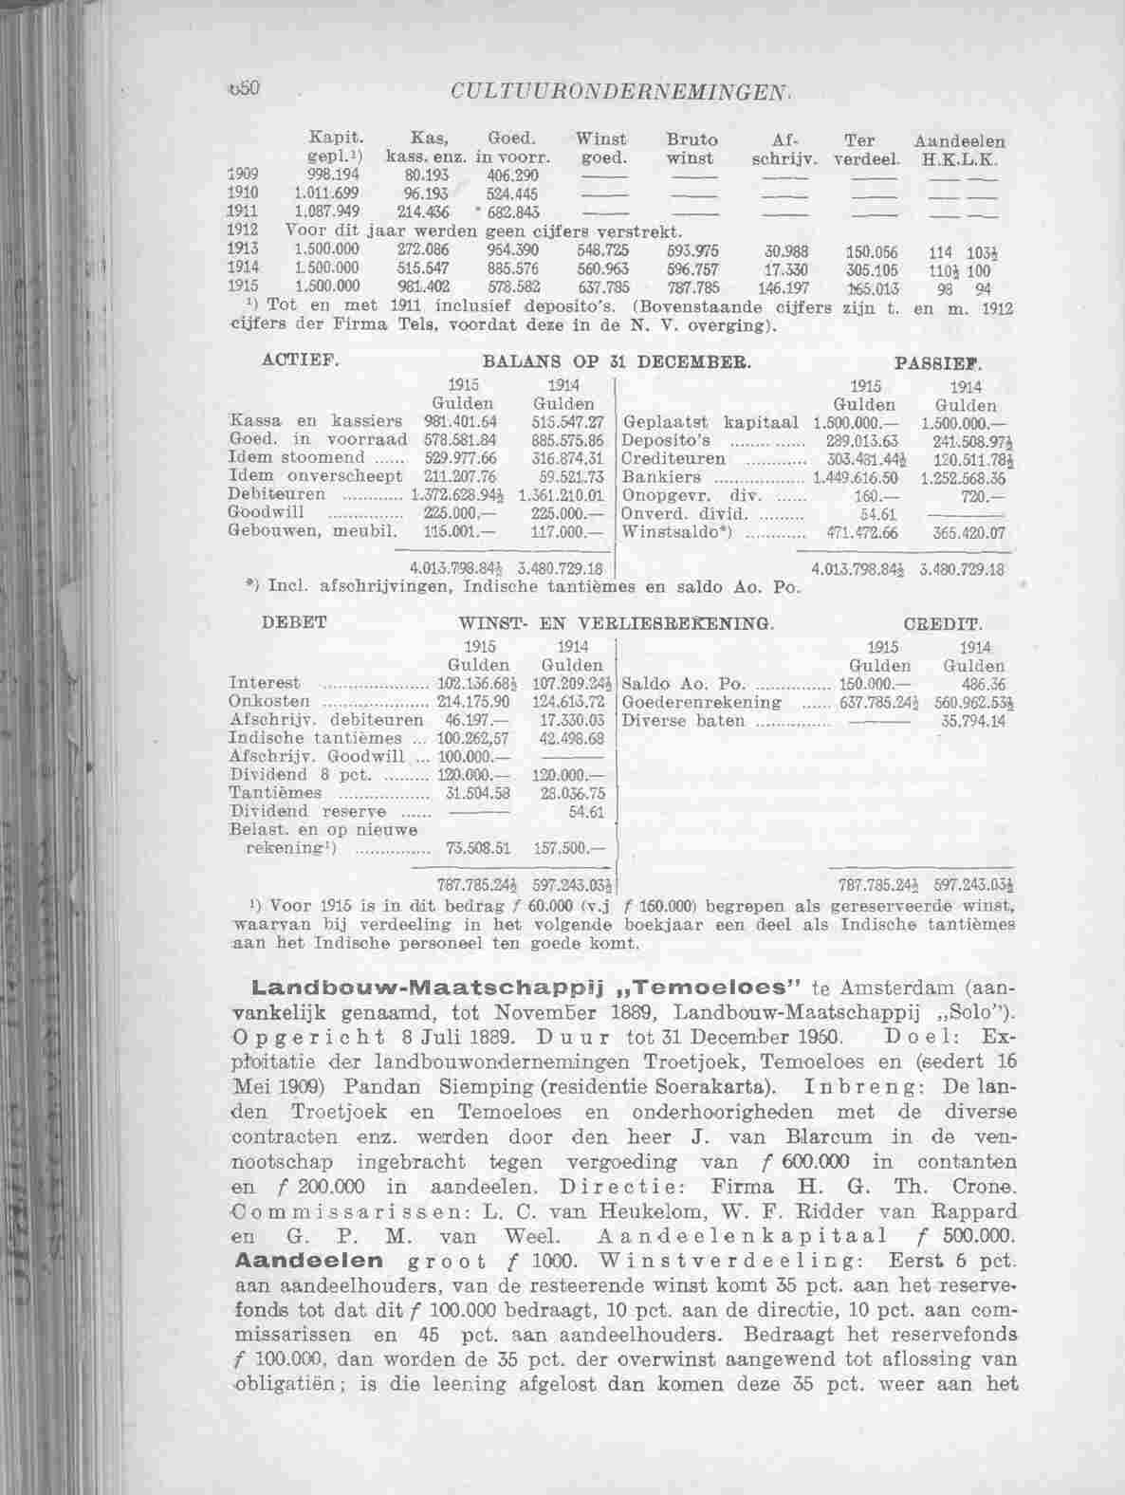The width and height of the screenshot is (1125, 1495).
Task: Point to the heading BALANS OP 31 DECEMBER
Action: [x=616, y=361]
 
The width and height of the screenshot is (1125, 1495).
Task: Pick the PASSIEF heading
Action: [x=938, y=362]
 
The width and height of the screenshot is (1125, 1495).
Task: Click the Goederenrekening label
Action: [x=701, y=702]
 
